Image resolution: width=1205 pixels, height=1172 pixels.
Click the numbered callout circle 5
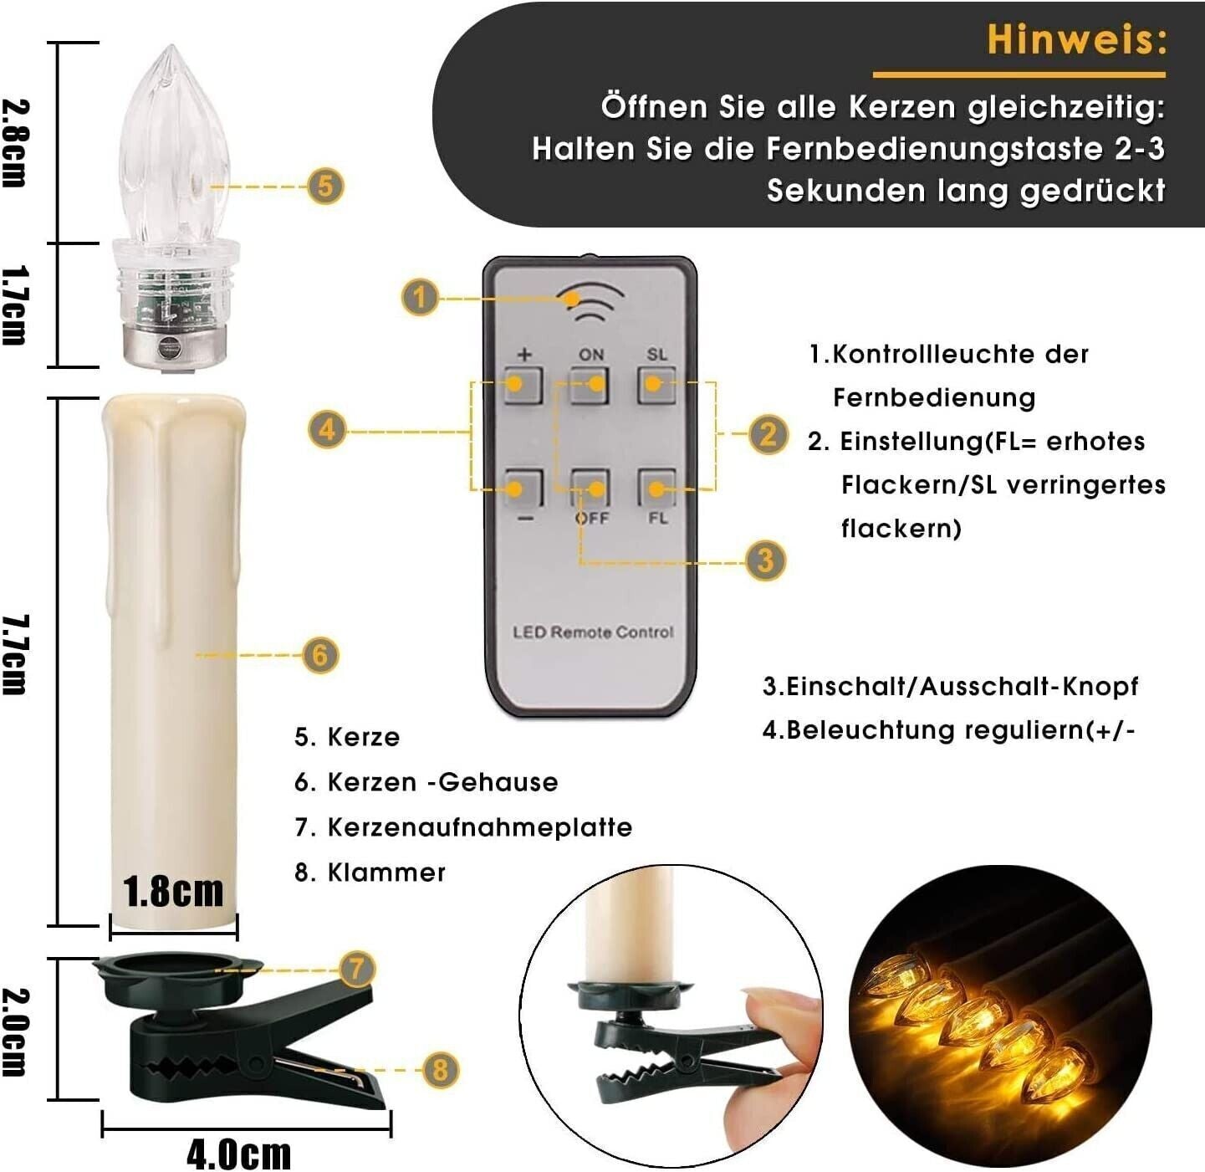325,187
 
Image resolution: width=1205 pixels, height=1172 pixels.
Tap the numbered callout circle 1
420,297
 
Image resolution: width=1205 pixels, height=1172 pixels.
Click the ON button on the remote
589,386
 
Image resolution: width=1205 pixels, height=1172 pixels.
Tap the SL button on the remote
656,386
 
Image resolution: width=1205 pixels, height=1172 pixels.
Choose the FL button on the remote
656,488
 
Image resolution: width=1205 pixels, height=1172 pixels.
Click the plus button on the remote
523,386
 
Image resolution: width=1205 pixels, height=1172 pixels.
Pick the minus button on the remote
523,488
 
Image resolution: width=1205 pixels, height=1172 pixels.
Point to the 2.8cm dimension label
16,143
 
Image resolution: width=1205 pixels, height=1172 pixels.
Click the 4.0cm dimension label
239,1154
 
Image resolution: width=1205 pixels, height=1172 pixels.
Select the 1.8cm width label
173,892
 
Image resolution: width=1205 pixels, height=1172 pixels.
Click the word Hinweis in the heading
1075,39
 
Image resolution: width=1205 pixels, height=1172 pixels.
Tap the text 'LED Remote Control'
593,632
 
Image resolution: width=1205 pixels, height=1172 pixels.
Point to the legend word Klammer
386,873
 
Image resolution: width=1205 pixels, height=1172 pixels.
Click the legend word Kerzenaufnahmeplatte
480,827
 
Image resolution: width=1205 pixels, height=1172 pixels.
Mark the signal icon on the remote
590,304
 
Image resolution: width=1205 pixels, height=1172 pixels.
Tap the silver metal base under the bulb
173,346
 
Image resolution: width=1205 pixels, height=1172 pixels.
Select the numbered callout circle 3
765,561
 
